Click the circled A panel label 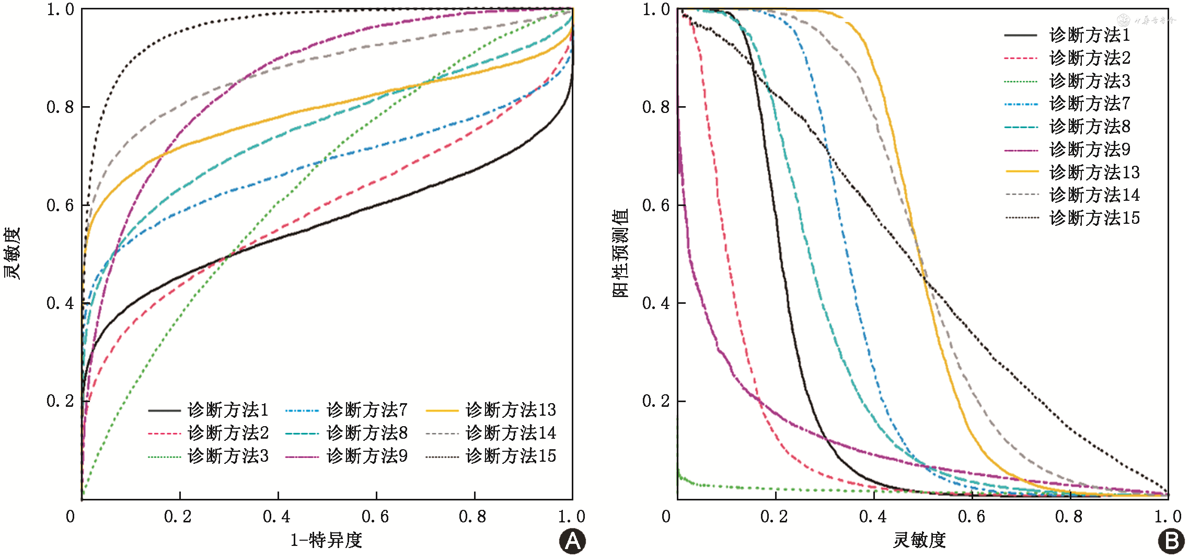[x=572, y=541]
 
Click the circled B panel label [x=1171, y=541]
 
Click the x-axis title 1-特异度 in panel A [x=326, y=540]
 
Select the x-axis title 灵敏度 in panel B [x=919, y=540]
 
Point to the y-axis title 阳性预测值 [x=620, y=253]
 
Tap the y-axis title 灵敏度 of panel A [x=11, y=253]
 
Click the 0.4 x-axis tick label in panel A [x=277, y=517]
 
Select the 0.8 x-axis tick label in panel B [x=1069, y=517]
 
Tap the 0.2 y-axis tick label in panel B [x=656, y=401]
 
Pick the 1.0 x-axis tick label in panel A [x=572, y=517]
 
